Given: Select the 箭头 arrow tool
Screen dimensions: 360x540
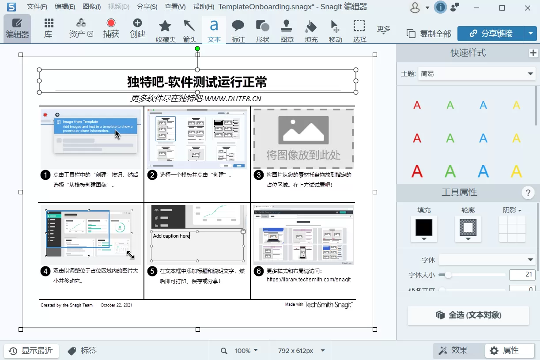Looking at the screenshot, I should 189,29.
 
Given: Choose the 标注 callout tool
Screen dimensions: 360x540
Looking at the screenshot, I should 238,29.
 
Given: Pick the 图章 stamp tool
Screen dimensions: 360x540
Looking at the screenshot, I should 287,29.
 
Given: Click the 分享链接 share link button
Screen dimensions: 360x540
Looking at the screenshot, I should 491,34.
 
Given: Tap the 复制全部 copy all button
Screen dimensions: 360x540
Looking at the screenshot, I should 429,34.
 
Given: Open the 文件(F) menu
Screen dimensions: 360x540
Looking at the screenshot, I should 37,7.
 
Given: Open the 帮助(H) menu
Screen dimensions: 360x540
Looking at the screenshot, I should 204,7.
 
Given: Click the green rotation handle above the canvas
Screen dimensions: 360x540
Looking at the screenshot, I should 197,49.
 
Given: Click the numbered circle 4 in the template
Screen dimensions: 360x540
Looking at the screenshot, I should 45,271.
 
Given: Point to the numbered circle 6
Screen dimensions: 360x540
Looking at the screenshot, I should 259,271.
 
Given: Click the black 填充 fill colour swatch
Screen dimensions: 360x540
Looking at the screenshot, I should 424,227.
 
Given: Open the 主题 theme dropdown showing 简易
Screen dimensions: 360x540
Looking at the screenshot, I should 477,74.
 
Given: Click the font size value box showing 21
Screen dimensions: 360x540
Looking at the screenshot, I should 522,275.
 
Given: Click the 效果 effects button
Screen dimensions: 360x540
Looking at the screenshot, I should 453,351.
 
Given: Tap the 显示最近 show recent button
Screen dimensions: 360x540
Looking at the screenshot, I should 31,351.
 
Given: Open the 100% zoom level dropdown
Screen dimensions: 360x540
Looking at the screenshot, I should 246,351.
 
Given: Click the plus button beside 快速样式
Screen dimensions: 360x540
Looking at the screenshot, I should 533,53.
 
